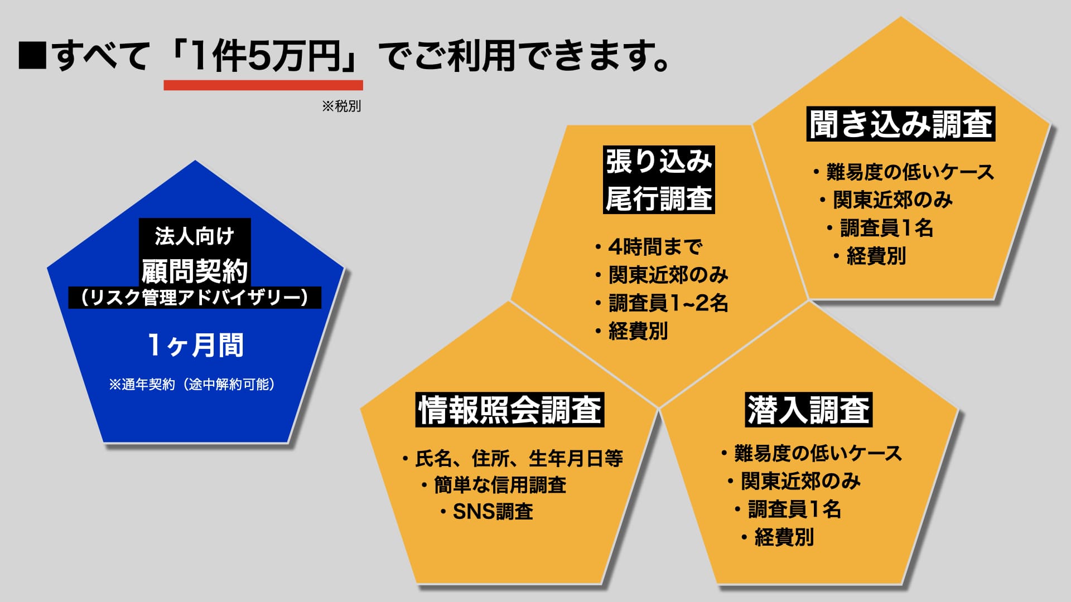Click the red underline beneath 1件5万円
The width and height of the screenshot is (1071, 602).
point(263,85)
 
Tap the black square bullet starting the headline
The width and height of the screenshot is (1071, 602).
point(32,56)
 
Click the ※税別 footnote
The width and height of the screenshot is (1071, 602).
point(341,106)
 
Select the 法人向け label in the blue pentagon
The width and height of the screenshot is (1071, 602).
point(195,236)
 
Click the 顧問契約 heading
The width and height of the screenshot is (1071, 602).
point(195,271)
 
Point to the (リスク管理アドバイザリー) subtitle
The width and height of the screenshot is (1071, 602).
point(195,297)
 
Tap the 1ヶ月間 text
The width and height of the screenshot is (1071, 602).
point(195,345)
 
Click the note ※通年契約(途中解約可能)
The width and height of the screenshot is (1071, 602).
point(192,384)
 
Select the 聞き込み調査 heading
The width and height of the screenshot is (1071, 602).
point(901,124)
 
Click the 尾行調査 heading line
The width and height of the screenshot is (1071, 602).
point(659,198)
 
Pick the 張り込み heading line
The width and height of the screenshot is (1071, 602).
point(659,162)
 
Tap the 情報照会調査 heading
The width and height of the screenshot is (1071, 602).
point(510,410)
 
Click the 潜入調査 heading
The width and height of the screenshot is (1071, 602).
point(809,410)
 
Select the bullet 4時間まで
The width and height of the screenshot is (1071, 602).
point(648,246)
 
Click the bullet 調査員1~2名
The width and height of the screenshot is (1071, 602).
point(662,303)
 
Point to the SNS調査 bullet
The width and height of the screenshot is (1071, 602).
point(486,511)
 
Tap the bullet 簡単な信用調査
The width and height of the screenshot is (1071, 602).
point(494,484)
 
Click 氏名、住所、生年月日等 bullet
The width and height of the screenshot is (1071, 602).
point(512,458)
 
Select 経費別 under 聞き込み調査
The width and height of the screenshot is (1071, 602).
point(870,256)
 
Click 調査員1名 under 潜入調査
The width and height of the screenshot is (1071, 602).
point(788,509)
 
